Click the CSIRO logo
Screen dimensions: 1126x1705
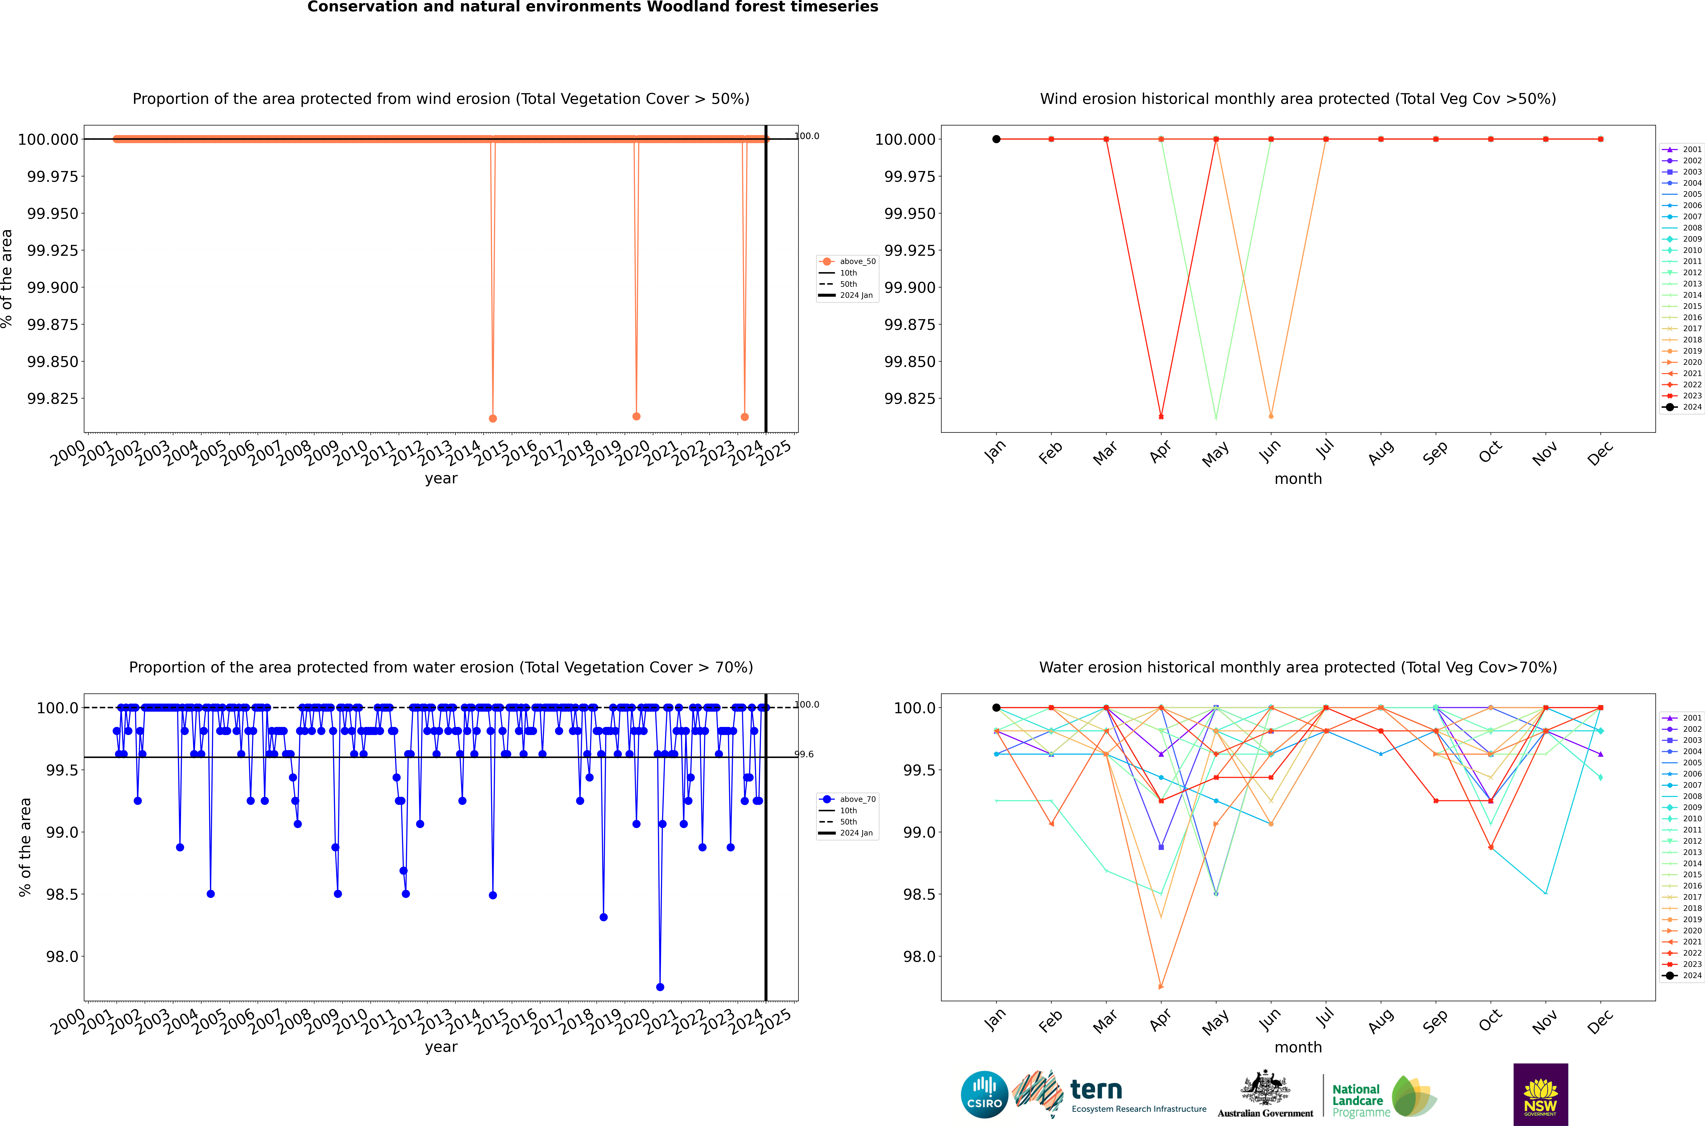984,1094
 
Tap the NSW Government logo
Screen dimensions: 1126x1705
1541,1094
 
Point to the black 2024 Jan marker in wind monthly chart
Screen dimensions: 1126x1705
997,139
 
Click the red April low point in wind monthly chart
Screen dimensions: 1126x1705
1161,417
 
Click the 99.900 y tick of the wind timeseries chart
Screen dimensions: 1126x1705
52,287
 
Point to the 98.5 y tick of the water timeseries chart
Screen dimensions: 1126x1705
62,894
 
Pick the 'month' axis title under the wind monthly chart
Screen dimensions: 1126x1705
1298,479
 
